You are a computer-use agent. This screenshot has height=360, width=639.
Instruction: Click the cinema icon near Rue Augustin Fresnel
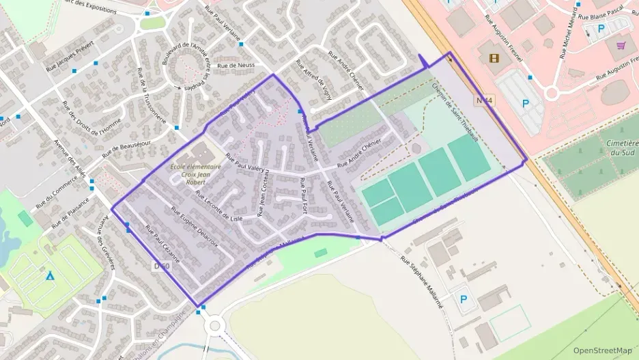(494, 57)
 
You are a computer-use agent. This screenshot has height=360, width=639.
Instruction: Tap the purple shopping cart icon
(621, 45)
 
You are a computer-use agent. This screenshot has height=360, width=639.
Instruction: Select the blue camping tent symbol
(50, 275)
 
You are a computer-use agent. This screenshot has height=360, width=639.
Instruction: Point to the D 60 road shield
(161, 265)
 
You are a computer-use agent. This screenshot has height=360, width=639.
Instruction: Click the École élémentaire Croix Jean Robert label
(195, 176)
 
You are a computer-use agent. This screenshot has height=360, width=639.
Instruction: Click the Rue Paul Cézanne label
(162, 244)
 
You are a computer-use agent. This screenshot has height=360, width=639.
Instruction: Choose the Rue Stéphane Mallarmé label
(423, 283)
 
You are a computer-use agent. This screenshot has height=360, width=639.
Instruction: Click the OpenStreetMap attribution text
(602, 350)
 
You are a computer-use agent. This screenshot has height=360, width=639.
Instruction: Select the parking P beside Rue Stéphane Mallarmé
(464, 299)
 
